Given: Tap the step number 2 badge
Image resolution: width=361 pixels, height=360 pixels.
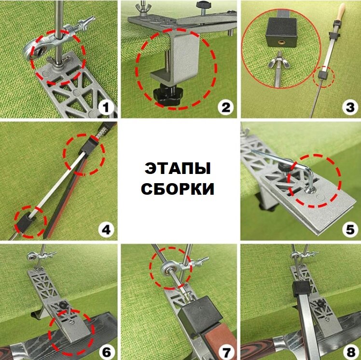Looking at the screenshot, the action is click(225, 108).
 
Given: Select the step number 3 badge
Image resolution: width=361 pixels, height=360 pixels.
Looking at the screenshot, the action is click(350, 108).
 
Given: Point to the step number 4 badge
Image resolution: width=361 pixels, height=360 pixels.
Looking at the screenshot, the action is click(106, 230).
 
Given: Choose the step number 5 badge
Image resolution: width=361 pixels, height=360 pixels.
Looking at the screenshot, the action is click(350, 230).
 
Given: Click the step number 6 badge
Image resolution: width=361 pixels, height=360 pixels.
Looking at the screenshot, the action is click(106, 352).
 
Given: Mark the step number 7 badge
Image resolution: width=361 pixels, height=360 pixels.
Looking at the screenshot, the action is click(226, 352).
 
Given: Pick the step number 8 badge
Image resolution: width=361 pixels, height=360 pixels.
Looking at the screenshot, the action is click(350, 352).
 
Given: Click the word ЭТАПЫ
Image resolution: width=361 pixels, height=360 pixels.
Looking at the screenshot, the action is click(178, 169).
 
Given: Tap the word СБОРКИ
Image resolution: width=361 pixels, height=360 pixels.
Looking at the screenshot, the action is click(178, 189).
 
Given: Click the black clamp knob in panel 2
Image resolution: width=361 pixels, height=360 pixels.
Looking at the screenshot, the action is click(168, 95).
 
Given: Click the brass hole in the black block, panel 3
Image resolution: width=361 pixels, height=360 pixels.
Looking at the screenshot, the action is click(281, 42).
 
